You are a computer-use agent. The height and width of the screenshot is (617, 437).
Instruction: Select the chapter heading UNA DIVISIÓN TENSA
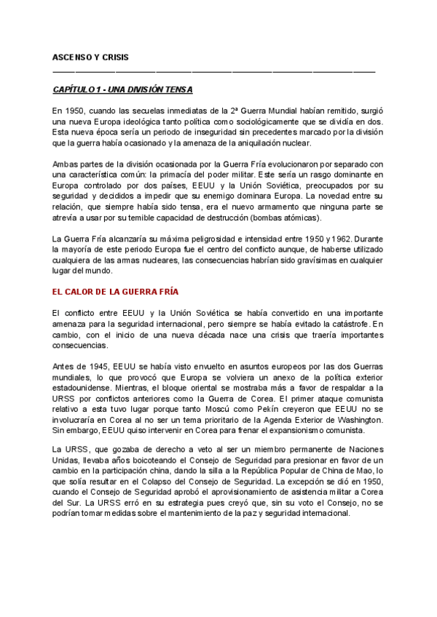[x=122, y=89]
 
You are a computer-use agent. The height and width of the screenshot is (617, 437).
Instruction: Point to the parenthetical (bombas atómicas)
[x=291, y=218]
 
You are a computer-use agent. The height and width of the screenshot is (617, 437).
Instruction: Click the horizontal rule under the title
[x=214, y=71]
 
